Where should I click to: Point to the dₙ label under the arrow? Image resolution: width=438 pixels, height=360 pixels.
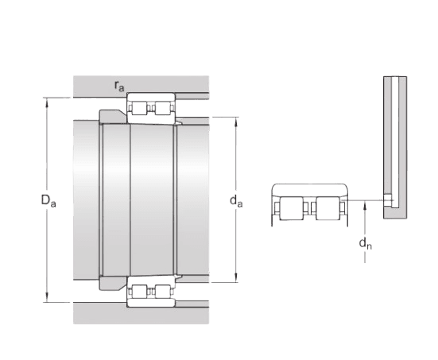(x=363, y=244)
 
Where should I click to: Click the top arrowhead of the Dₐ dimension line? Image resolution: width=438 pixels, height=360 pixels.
(x=47, y=100)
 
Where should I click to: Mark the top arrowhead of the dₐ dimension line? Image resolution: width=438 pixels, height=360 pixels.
(x=236, y=121)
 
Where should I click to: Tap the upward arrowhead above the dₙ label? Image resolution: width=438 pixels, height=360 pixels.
(x=363, y=205)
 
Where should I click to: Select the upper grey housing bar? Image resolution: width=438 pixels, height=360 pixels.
(x=140, y=84)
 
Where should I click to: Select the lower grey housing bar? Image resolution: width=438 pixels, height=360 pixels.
(x=140, y=314)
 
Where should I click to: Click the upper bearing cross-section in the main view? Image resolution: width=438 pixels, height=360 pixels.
(x=151, y=108)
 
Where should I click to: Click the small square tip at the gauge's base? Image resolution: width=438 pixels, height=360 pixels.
(x=388, y=199)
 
